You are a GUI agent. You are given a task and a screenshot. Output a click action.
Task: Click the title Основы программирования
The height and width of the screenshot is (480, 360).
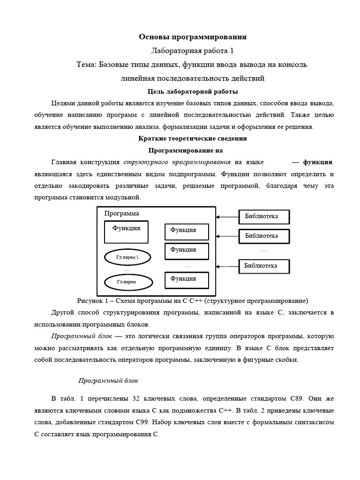coord(193,37)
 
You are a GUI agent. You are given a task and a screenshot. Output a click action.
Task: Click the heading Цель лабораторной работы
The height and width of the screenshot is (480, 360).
coord(193,91)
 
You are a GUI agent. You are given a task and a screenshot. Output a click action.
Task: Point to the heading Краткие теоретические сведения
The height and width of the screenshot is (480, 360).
coord(193,139)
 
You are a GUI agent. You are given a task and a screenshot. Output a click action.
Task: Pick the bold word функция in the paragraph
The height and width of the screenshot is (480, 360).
coord(318,162)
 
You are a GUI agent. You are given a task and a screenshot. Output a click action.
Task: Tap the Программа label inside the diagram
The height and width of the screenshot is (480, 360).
coord(121,213)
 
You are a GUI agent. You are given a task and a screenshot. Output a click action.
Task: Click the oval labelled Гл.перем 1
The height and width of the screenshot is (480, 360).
coord(127,257)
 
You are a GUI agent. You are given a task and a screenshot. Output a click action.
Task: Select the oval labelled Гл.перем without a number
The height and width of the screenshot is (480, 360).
coord(127,282)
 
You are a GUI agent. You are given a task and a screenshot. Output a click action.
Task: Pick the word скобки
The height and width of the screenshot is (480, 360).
coord(285,360)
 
